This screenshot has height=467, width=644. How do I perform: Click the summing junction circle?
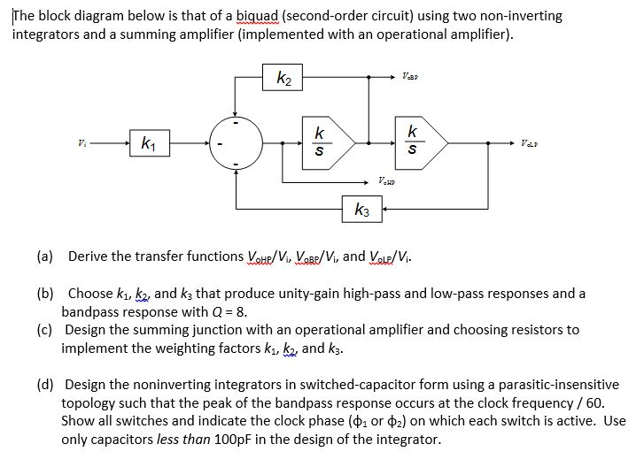tap(236, 142)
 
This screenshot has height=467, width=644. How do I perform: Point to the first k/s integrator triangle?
tap(327, 142)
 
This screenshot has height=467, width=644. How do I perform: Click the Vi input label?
tap(82, 142)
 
